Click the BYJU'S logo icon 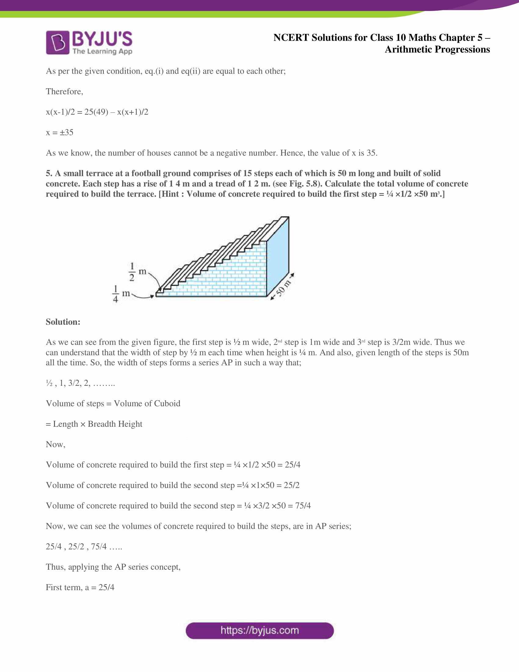[x=57, y=42]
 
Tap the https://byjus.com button [x=259, y=630]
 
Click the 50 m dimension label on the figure [x=283, y=287]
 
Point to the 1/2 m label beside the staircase [x=136, y=272]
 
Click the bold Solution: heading [x=63, y=322]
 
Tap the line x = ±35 [x=60, y=132]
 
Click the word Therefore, [x=64, y=91]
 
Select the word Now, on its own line [x=55, y=444]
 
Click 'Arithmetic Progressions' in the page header [x=437, y=49]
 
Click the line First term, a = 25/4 [x=80, y=587]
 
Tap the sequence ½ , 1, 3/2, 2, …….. [x=80, y=383]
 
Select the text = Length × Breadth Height [x=94, y=424]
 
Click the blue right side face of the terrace [x=278, y=255]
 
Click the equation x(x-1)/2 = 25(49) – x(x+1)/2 [x=97, y=112]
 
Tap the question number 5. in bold [x=49, y=173]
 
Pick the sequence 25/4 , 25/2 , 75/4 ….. [x=84, y=546]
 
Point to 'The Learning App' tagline [x=102, y=51]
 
